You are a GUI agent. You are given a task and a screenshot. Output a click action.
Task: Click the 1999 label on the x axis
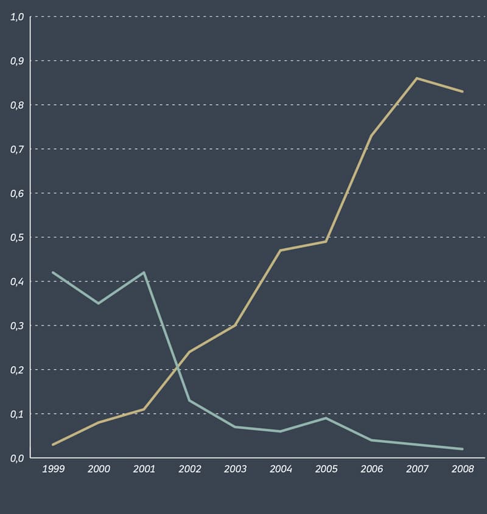pyautogui.click(x=53, y=469)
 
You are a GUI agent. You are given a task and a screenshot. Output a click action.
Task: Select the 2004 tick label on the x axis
pyautogui.click(x=281, y=469)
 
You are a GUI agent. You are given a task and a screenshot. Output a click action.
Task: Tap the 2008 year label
pyautogui.click(x=463, y=469)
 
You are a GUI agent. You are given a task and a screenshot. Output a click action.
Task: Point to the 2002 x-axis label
pyautogui.click(x=189, y=469)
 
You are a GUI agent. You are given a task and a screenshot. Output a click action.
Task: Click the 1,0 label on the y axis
pyautogui.click(x=16, y=17)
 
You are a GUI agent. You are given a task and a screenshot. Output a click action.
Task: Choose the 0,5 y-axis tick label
pyautogui.click(x=16, y=237)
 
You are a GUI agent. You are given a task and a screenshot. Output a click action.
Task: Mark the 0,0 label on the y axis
pyautogui.click(x=16, y=458)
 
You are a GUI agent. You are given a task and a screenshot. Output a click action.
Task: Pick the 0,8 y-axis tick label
pyautogui.click(x=16, y=105)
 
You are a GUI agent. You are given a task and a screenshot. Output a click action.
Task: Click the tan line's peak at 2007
pyautogui.click(x=417, y=78)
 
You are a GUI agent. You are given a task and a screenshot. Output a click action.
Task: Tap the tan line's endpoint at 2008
pyautogui.click(x=463, y=91)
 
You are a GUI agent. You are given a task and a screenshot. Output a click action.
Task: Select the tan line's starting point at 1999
pyautogui.click(x=53, y=445)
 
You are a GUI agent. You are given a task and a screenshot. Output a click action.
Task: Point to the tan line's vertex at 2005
pyautogui.click(x=326, y=241)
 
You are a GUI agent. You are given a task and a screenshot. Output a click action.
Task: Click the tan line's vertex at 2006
pyautogui.click(x=371, y=136)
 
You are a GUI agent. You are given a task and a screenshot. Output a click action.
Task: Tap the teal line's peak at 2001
pyautogui.click(x=144, y=272)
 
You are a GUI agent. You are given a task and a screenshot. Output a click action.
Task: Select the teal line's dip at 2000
pyautogui.click(x=99, y=303)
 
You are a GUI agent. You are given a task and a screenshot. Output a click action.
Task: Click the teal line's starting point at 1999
pyautogui.click(x=53, y=272)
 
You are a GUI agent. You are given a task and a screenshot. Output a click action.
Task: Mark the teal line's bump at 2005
pyautogui.click(x=326, y=418)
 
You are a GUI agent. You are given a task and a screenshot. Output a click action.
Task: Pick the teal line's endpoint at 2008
pyautogui.click(x=463, y=449)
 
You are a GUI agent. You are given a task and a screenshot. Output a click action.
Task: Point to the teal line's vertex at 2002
pyautogui.click(x=189, y=400)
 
